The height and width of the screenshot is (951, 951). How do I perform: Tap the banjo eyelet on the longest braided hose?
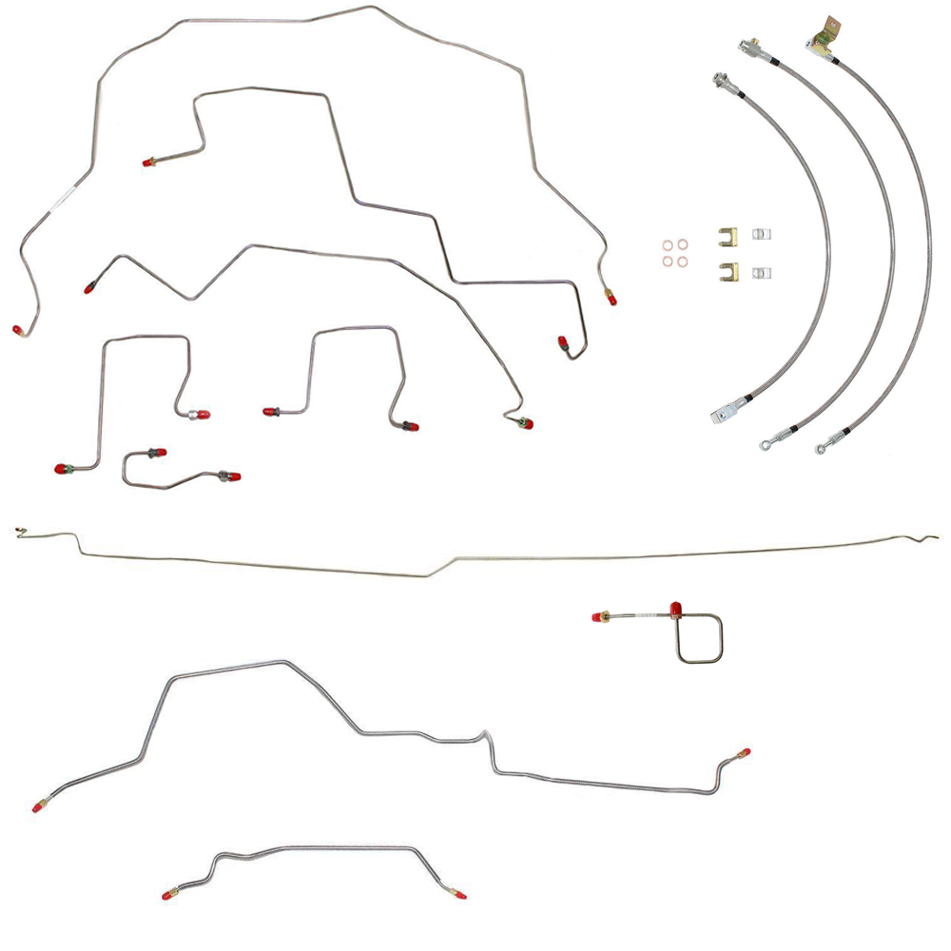click(x=821, y=447)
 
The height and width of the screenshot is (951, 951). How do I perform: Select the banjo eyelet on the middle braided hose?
click(x=766, y=443)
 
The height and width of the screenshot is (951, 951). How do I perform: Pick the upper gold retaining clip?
click(x=727, y=236)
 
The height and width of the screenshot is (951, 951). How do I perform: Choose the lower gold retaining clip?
click(x=727, y=272)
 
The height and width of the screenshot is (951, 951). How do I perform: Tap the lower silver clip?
click(x=760, y=273)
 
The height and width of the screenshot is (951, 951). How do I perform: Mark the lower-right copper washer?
click(x=682, y=262)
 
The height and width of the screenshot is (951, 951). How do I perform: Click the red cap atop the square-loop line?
click(x=675, y=609)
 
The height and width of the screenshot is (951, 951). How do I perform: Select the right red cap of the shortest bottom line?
click(x=459, y=895)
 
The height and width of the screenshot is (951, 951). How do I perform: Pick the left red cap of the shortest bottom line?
click(x=168, y=895)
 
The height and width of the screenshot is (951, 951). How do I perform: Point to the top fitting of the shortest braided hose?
click(x=722, y=80)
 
